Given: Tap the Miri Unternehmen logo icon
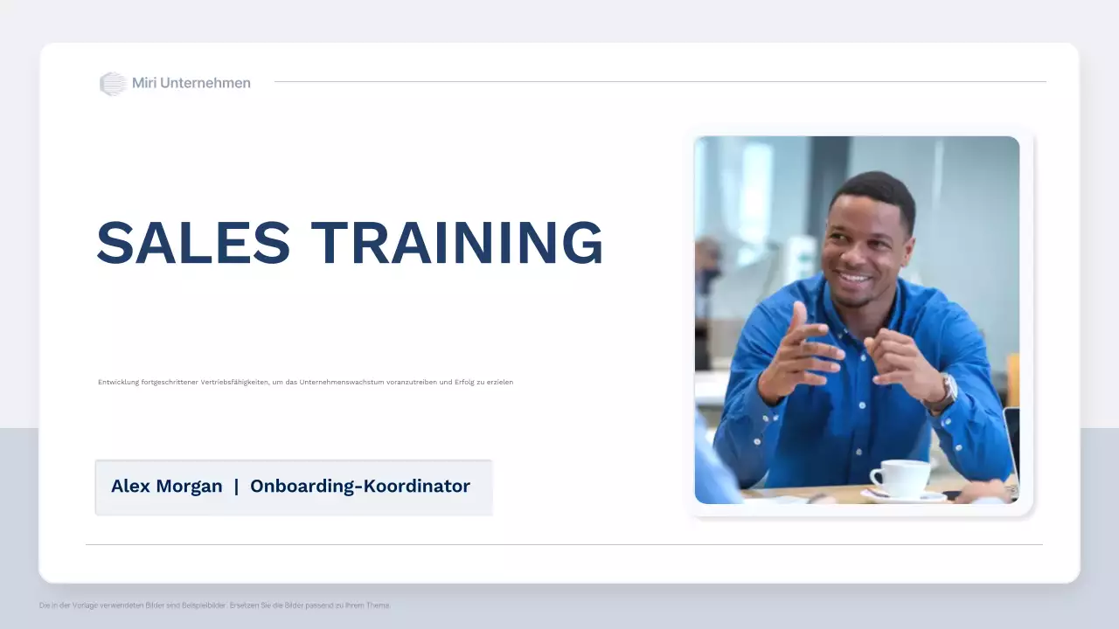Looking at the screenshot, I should pos(113,84).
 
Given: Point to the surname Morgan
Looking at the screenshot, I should pos(189,487).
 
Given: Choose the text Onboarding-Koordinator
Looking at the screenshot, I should pos(360,487).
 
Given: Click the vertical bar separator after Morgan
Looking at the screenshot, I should pos(236,487).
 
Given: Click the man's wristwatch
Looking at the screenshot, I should pos(945,393).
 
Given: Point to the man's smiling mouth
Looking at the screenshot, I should pos(854,280).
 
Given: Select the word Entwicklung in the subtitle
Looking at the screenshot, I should pos(116,382).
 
